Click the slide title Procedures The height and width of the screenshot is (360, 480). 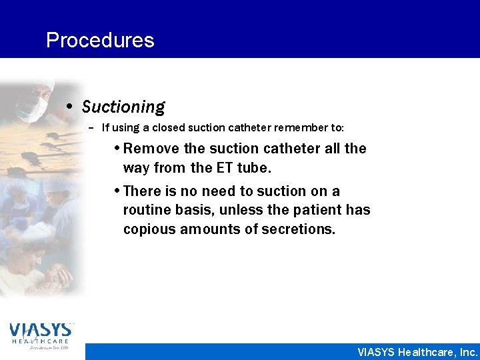[100, 41]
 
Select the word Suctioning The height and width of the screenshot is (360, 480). [123, 107]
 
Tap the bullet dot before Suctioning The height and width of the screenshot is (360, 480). [71, 107]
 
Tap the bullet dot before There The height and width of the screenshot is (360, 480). [117, 191]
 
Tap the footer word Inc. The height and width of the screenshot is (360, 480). [467, 352]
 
